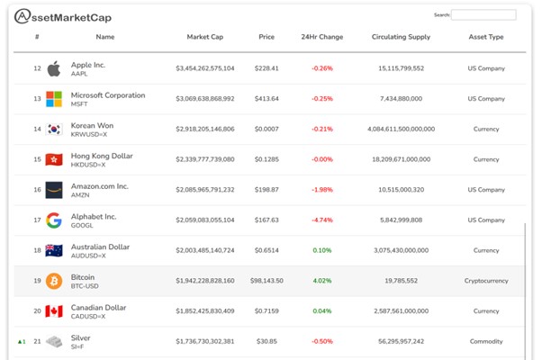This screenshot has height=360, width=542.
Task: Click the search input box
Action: (x=483, y=15)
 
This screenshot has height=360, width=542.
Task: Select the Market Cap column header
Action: (x=204, y=38)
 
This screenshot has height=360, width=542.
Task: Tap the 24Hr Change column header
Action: (x=321, y=38)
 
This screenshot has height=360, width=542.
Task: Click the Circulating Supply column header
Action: (x=401, y=38)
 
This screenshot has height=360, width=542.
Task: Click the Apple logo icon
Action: (x=54, y=68)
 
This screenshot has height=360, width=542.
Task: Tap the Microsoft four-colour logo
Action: (x=54, y=99)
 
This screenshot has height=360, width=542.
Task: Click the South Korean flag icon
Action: (x=54, y=130)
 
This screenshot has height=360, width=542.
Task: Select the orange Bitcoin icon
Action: (x=54, y=281)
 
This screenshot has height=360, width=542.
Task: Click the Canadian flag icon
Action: (x=54, y=311)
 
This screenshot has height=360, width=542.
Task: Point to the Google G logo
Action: (x=54, y=220)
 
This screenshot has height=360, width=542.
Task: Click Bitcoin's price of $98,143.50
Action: (x=266, y=281)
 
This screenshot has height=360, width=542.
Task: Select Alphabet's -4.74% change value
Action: (x=321, y=220)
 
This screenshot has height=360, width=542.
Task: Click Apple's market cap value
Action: (x=204, y=68)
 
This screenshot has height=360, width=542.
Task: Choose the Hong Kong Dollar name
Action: (x=102, y=156)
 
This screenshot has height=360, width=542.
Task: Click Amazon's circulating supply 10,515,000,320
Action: (x=401, y=190)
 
